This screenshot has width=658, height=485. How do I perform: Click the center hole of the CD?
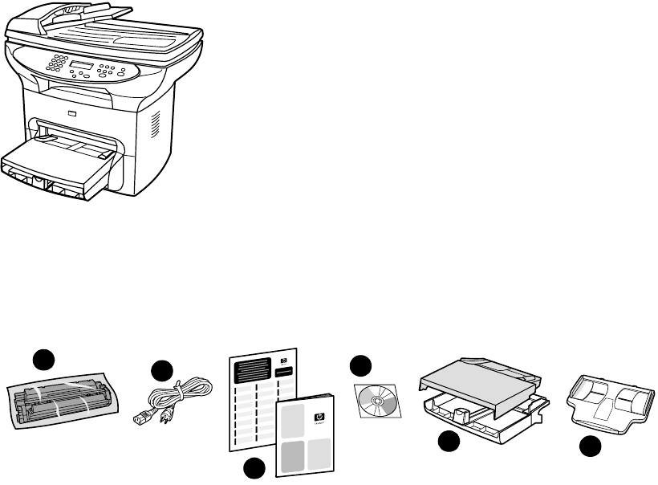click(x=376, y=398)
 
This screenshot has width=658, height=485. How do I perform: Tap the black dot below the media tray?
click(x=450, y=441)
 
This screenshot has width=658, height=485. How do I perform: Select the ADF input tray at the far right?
click(x=608, y=397)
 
